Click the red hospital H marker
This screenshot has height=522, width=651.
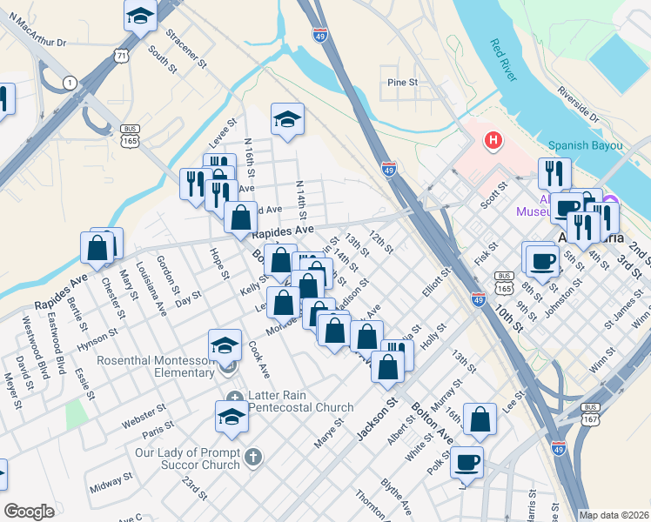click(493, 139)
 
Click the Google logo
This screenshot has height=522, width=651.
click(29, 512)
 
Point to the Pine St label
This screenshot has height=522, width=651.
click(403, 83)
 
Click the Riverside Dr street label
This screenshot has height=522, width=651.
click(578, 103)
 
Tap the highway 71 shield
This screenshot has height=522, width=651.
click(121, 55)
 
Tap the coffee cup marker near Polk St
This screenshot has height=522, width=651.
click(467, 462)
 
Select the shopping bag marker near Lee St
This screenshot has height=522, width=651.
click(480, 420)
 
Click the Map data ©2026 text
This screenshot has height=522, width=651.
click(614, 515)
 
